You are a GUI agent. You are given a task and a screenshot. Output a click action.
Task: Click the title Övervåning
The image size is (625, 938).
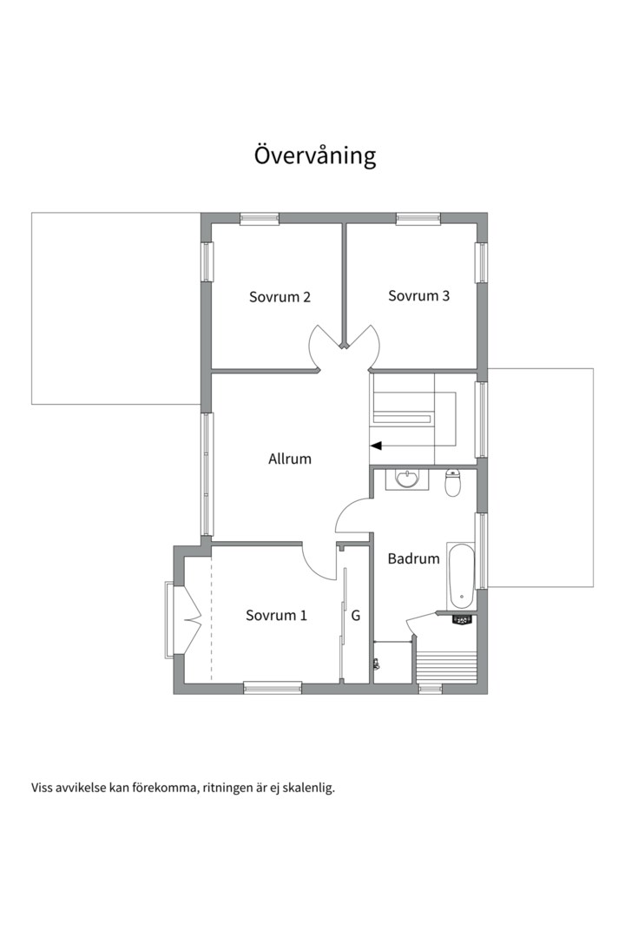click(x=315, y=155)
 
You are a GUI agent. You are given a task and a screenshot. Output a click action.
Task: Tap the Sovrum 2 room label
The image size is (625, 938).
click(x=280, y=297)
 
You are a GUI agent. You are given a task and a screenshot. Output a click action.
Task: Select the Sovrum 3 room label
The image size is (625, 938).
click(x=418, y=295)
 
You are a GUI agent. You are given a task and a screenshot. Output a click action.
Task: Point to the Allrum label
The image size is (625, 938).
click(x=290, y=459)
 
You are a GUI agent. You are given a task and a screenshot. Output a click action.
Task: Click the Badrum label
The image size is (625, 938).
click(x=414, y=558)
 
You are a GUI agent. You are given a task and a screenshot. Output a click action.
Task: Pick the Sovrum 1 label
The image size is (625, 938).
click(x=276, y=615)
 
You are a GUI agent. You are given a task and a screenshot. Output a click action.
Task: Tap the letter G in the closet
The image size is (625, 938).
click(x=356, y=616)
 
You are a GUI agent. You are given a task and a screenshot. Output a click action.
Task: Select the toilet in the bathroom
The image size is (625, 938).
click(x=453, y=484)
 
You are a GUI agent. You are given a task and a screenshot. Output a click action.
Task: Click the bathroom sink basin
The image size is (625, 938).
click(x=409, y=479)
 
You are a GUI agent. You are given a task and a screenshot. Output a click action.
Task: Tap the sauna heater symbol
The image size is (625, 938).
click(x=463, y=620)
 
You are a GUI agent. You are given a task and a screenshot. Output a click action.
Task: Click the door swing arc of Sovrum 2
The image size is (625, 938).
click(x=316, y=347)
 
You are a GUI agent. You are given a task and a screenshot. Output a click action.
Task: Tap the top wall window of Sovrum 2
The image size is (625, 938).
click(x=260, y=219)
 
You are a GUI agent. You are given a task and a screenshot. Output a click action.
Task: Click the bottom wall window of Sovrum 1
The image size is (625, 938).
click(x=273, y=688)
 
